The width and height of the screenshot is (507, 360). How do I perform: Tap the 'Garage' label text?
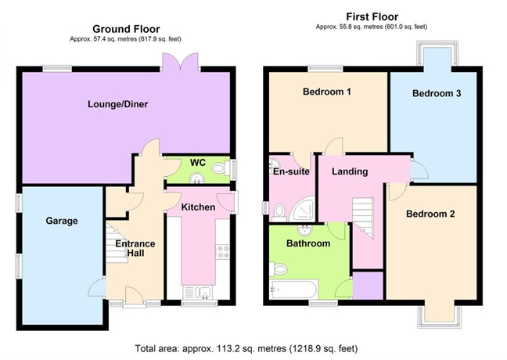[61, 221]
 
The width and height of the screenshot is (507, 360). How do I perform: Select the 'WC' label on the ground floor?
[197, 162]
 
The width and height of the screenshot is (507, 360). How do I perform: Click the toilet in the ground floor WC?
[220, 167]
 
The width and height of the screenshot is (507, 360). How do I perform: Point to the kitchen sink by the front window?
[200, 293]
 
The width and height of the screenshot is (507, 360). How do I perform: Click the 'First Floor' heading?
[371, 16]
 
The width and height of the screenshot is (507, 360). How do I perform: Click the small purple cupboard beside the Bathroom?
[368, 284]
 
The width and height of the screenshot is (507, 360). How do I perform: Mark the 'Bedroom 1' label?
[327, 92]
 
